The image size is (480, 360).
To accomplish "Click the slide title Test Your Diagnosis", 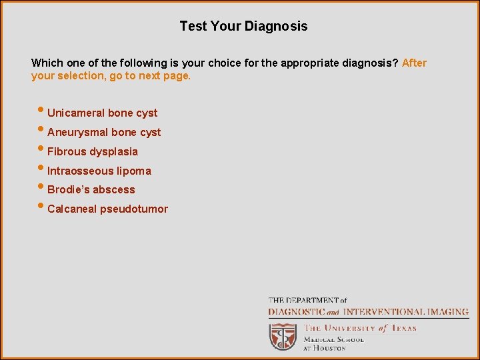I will coord(243,27).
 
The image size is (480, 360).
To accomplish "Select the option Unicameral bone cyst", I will coord(102,113).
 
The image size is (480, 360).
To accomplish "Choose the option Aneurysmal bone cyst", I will coord(104,132).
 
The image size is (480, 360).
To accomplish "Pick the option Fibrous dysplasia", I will coord(92,151).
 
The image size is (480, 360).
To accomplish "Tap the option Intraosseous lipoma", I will coord(99,171).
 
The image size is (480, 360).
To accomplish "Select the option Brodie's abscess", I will coord(91,189).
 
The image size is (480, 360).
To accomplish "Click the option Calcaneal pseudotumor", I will coord(107,209).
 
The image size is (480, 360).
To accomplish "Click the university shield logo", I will coord(283,336).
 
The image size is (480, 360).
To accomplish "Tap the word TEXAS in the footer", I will coord(403,328).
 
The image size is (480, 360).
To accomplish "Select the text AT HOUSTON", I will coord(325,348).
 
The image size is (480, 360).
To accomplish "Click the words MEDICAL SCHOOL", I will coord(333,339).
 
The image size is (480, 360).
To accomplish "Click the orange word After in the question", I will coord(414,63).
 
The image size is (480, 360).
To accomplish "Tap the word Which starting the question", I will coord(46,63).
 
